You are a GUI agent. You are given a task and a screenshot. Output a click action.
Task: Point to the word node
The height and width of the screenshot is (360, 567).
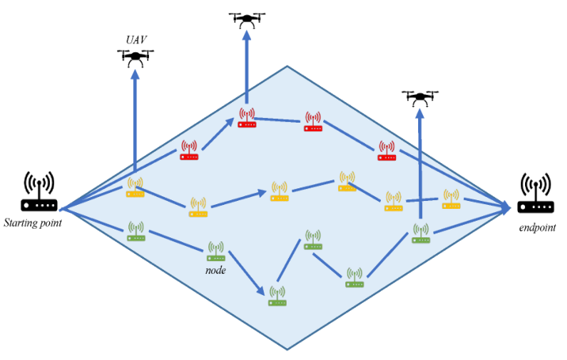(x=215, y=270)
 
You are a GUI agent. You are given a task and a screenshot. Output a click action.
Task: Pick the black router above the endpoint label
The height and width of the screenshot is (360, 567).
(x=535, y=195)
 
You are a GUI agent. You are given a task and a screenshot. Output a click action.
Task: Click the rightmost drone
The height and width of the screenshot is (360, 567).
(x=420, y=97)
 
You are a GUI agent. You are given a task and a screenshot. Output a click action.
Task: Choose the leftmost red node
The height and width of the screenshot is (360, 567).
(x=188, y=150)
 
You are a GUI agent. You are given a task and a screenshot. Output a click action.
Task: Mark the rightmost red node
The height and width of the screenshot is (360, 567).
(x=386, y=150)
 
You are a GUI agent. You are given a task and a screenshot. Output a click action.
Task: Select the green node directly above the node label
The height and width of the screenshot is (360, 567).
(x=216, y=251)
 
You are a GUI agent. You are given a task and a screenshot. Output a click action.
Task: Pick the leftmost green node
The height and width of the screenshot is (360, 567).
(x=136, y=231)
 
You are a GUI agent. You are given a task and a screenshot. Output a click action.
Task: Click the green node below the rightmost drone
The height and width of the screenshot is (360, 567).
(x=420, y=233)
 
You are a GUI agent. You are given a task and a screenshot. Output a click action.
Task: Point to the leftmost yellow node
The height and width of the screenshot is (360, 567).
(x=135, y=187)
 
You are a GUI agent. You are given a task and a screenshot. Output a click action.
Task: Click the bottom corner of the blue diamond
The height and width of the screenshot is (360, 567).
(x=286, y=349)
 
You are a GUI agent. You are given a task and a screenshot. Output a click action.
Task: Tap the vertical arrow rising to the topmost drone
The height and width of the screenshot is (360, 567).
(x=246, y=67)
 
